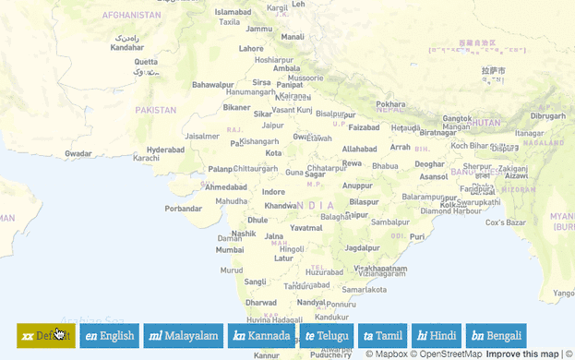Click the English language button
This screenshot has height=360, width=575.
tap(109, 336)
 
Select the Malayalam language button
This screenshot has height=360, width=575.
tap(183, 336)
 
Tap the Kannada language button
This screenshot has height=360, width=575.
tap(261, 336)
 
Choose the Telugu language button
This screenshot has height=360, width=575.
tap(327, 336)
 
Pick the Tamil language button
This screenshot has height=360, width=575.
tap(383, 336)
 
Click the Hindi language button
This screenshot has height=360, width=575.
tap(437, 336)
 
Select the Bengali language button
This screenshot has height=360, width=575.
tap(496, 336)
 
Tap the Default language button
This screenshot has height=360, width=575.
tap(45, 336)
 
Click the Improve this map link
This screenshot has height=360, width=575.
tap(522, 354)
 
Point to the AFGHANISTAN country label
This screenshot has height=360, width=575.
tap(131, 16)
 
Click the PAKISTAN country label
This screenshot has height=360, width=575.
tap(155, 110)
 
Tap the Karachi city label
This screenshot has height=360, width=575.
tap(146, 158)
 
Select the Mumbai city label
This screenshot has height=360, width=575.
tap(230, 249)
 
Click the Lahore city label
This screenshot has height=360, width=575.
tap(251, 48)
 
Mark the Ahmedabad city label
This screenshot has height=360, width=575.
tap(226, 187)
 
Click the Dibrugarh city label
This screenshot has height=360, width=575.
tap(548, 116)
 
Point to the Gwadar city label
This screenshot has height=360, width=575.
tap(78, 154)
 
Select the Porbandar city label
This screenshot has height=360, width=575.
tap(183, 209)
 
